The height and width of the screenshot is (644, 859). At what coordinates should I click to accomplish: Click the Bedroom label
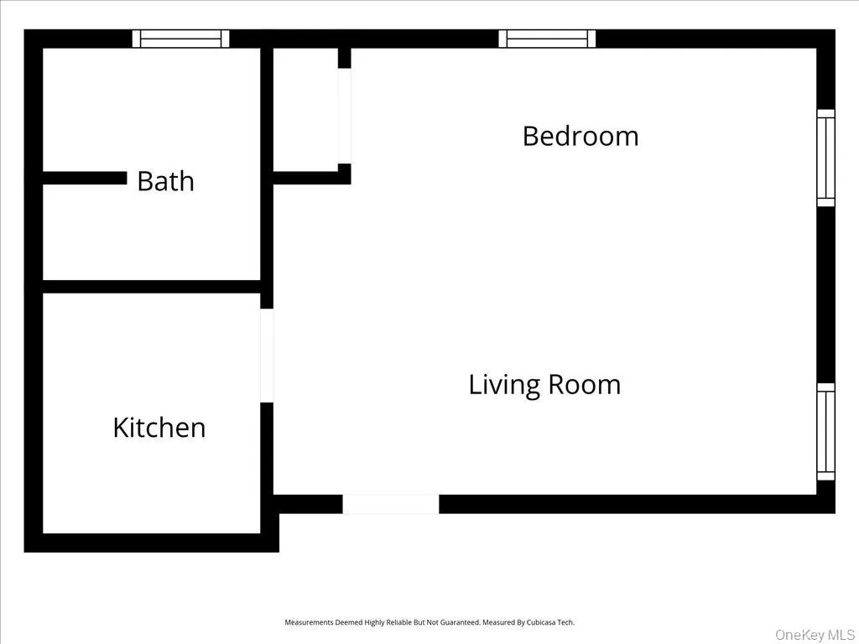[x=580, y=136]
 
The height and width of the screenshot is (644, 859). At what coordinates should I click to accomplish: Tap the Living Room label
[x=544, y=385]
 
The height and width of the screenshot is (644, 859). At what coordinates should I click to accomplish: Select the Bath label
[x=165, y=181]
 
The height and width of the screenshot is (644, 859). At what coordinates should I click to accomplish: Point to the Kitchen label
[x=159, y=428]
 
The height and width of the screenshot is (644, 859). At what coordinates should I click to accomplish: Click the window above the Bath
[x=181, y=39]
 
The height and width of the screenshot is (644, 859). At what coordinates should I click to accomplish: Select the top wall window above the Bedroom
[x=547, y=39]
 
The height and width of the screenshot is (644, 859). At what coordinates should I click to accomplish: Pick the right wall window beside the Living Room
[x=826, y=432]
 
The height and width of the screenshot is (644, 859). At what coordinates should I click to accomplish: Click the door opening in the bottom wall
[x=390, y=504]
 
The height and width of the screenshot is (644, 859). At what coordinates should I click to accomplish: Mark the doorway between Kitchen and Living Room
[x=267, y=356]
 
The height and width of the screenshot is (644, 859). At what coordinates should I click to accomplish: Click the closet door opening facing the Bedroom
[x=344, y=116]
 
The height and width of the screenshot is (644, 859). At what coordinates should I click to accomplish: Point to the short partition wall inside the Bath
[x=84, y=178]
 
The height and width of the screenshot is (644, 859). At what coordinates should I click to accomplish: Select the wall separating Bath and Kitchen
[x=151, y=287]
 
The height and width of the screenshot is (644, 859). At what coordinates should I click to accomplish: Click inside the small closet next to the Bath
[x=305, y=109]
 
